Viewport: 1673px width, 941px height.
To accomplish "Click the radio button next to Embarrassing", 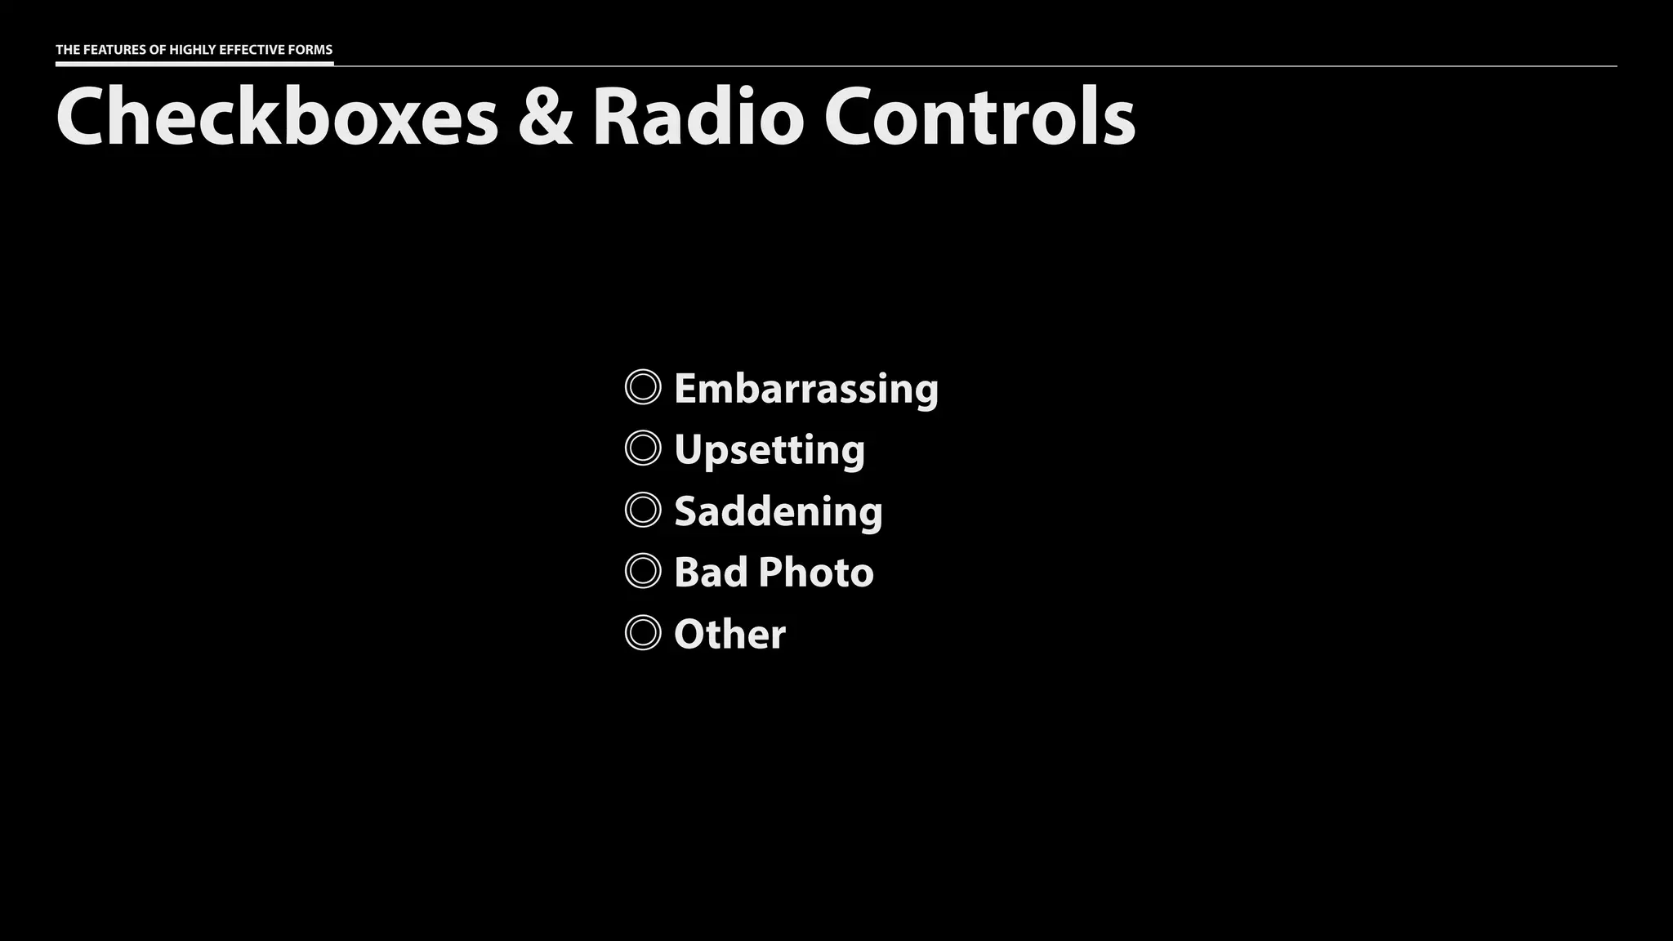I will coord(643,387).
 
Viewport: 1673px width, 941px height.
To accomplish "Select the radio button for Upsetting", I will coord(643,448).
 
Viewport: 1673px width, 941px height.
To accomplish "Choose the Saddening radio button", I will coord(643,511).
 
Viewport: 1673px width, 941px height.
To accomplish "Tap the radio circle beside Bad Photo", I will coord(643,572).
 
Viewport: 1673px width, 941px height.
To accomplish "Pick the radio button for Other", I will coord(643,633).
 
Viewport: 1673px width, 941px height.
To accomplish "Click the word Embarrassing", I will coord(806,388).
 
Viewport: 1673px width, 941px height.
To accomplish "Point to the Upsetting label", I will coord(770,450).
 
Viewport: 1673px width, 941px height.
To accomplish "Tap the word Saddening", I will coord(779,511).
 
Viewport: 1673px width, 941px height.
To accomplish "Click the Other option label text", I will coord(730,635).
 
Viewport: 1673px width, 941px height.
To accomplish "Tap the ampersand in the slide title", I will coord(545,118).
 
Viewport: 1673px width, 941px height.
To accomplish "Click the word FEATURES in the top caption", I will coord(114,50).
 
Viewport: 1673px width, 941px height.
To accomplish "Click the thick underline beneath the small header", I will coord(194,63).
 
